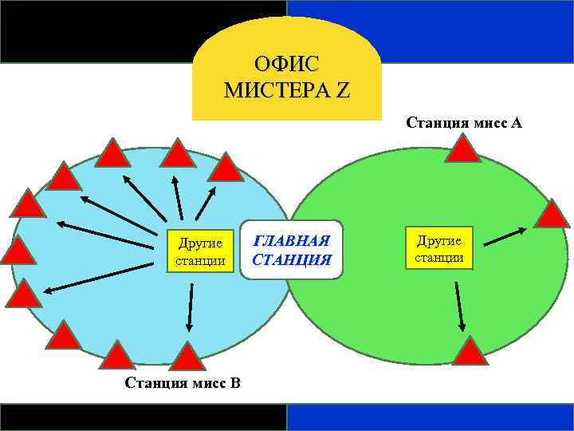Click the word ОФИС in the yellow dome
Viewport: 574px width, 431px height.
286,63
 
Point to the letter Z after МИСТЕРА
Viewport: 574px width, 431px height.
343,89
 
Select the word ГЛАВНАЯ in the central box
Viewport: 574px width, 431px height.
291,241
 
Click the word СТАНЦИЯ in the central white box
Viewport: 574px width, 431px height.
291,259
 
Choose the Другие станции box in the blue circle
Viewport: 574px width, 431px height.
200,251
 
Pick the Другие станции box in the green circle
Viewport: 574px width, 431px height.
438,248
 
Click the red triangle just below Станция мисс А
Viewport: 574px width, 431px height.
462,150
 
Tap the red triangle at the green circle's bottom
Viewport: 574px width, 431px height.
470,352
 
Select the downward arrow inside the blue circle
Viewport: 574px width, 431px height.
191,307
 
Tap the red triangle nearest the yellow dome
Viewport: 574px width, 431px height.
226,168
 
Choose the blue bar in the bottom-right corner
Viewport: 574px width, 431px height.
431,417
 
